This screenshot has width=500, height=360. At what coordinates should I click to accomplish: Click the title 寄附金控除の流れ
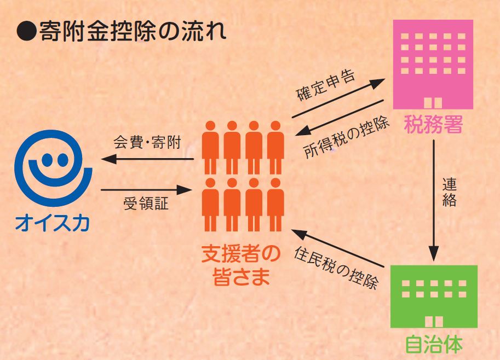pyautogui.click(x=133, y=32)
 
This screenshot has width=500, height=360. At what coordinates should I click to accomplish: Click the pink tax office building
pyautogui.click(x=433, y=65)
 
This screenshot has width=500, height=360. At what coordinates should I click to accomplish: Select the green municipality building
pyautogui.click(x=434, y=297)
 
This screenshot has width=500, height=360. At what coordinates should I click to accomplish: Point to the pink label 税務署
pyautogui.click(x=433, y=124)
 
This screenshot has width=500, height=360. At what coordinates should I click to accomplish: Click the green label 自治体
pyautogui.click(x=434, y=344)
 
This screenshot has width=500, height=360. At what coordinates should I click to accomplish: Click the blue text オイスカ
pyautogui.click(x=53, y=223)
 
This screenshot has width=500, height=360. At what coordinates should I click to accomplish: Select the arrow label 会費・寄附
pyautogui.click(x=147, y=142)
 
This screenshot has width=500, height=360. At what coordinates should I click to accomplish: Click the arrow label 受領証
pyautogui.click(x=146, y=204)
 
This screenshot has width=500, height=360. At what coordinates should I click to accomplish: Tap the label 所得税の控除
pyautogui.click(x=347, y=137)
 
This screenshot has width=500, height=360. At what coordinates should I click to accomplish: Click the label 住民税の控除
pyautogui.click(x=336, y=268)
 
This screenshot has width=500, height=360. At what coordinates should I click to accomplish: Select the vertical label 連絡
pyautogui.click(x=449, y=192)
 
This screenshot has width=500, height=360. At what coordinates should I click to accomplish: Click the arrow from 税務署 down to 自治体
pyautogui.click(x=434, y=201)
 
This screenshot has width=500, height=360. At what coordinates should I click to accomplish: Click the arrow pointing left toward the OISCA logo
pyautogui.click(x=147, y=159)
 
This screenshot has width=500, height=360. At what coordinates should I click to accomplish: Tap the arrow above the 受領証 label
pyautogui.click(x=146, y=190)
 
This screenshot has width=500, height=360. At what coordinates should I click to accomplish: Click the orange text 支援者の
pyautogui.click(x=241, y=254)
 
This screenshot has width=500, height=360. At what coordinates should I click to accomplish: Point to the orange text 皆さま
pyautogui.click(x=241, y=276)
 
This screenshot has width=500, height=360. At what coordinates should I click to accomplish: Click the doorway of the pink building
pyautogui.click(x=433, y=103)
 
